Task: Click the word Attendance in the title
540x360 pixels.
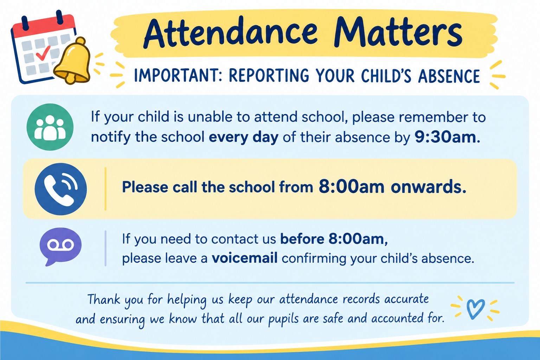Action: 231,33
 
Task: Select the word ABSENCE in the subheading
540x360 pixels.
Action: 449,76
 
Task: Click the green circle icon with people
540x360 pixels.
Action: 50,127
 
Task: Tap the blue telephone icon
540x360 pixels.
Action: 60,189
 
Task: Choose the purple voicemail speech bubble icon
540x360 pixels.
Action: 60,246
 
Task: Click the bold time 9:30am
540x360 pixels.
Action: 445,137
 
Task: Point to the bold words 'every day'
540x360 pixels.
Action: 244,138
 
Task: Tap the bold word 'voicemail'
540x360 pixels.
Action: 244,258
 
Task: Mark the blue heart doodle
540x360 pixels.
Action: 475,308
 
